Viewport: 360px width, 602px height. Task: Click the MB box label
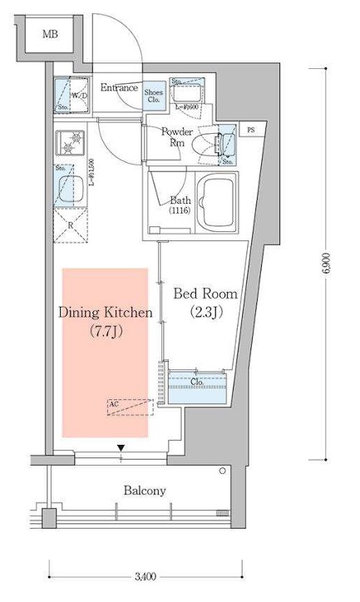(52, 35)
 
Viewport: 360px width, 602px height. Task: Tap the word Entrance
(120, 87)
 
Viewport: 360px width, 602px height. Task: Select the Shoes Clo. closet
(154, 96)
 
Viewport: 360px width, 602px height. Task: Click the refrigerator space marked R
(71, 225)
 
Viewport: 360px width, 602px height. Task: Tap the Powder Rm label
(176, 137)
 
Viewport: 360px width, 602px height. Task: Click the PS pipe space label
(251, 129)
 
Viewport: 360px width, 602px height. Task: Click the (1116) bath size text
(180, 212)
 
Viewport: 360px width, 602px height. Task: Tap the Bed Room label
(205, 294)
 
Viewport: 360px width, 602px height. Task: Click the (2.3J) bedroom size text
(204, 313)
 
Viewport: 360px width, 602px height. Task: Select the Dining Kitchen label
(105, 313)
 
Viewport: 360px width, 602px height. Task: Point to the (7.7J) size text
(105, 332)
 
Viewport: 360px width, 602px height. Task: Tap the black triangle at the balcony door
(121, 450)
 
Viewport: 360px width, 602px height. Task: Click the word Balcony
(144, 491)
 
